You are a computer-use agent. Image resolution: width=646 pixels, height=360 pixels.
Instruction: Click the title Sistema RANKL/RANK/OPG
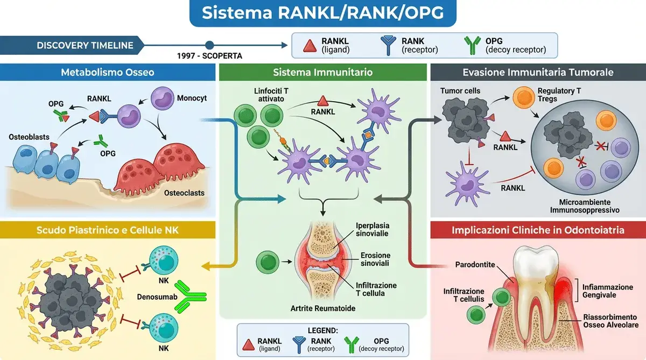[x=322, y=13]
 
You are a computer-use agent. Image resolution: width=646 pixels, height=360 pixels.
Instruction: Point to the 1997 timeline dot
[x=210, y=45]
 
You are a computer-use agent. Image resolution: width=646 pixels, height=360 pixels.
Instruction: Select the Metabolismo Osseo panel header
[x=107, y=72]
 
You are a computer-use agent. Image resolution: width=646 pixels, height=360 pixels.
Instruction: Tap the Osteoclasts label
[x=185, y=192]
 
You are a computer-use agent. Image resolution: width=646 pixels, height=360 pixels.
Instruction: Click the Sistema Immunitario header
[x=322, y=72]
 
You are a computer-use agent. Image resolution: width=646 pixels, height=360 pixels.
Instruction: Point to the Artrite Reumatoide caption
[x=322, y=308]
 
